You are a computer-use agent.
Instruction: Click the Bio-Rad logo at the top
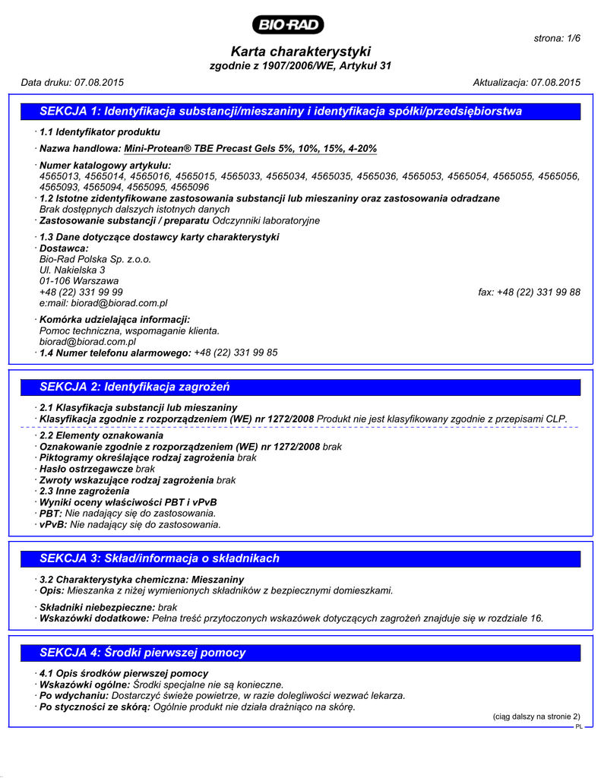290,25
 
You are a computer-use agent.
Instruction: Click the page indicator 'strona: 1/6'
557,38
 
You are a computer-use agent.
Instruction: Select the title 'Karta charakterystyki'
300,52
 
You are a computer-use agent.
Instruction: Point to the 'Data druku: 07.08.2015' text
72,82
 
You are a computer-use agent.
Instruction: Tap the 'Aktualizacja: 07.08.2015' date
527,82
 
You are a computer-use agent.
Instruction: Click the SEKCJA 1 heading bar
300,112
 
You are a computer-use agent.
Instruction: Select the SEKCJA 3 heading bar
300,558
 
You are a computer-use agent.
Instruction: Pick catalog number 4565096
190,187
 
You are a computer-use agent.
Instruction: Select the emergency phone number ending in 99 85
236,353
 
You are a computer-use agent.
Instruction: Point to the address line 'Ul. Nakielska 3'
72,270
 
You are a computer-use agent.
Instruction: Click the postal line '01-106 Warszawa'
78,281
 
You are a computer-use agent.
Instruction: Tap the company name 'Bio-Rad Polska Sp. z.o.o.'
95,259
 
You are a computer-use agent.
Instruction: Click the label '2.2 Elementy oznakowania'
101,436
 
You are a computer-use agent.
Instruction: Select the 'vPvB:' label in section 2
53,524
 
